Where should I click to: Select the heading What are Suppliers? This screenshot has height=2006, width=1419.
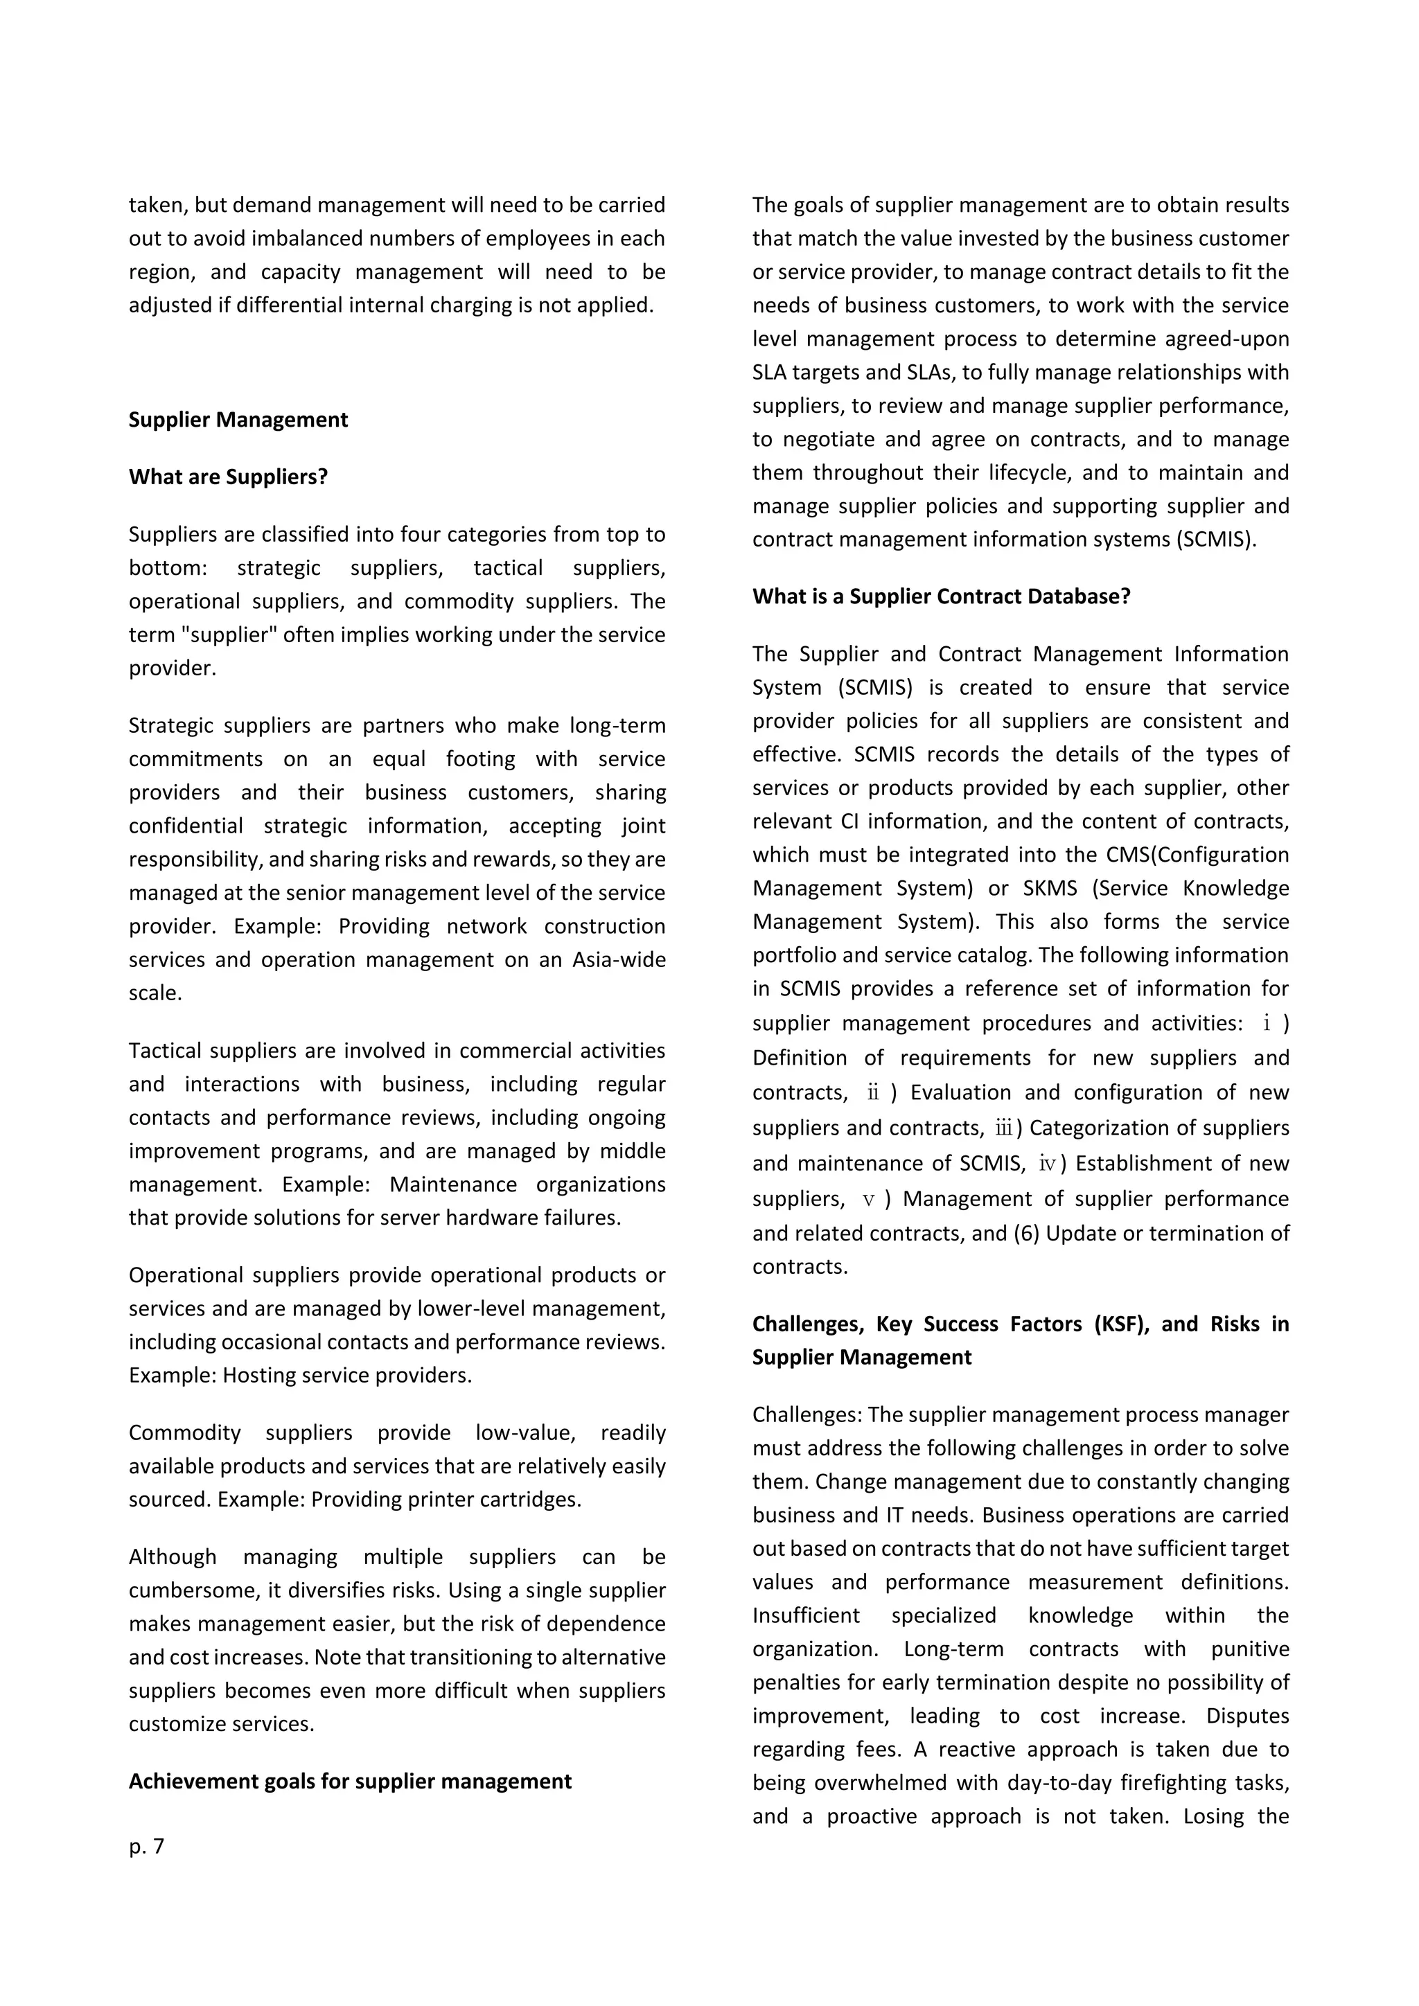tap(228, 477)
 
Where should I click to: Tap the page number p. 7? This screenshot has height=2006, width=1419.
tap(146, 1846)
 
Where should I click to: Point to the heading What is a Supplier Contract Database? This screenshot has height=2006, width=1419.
tap(941, 596)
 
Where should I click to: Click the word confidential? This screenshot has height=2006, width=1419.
tap(185, 826)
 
